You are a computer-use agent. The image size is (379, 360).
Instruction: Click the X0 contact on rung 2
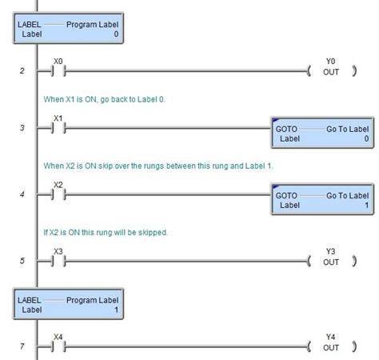tap(58, 71)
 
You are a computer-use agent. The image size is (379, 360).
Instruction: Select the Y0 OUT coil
tap(331, 71)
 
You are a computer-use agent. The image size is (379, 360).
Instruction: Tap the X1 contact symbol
tap(58, 128)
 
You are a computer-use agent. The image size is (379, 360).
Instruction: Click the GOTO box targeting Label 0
tap(322, 133)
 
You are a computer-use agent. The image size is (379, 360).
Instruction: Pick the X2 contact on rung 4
tap(58, 194)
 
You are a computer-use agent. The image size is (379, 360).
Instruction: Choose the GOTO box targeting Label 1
tap(322, 199)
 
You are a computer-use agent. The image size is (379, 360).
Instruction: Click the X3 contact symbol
tap(58, 261)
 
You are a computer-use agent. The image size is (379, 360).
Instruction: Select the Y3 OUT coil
tap(331, 261)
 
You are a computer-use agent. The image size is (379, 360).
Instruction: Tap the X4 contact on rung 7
tap(58, 346)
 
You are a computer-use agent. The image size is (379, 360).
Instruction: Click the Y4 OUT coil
tap(331, 346)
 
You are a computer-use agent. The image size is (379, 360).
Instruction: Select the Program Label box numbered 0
tap(68, 28)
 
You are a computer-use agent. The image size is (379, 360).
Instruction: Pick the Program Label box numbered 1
tap(68, 304)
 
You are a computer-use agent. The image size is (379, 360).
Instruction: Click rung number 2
tap(22, 71)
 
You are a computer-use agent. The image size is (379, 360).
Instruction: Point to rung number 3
tap(22, 128)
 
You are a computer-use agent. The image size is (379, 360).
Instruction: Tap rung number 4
tap(22, 194)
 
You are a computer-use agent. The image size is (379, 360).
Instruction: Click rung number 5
tap(22, 261)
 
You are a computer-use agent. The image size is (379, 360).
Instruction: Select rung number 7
tap(22, 346)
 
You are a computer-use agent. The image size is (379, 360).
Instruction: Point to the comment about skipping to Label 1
tap(158, 166)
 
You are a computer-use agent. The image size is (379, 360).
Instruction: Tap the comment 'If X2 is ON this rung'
tap(106, 233)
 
